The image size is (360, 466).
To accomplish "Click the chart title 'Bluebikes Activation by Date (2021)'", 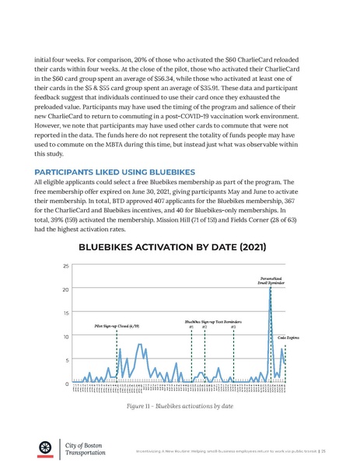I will pos(180,248).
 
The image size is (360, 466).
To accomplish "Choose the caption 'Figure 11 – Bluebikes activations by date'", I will pos(180,406).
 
